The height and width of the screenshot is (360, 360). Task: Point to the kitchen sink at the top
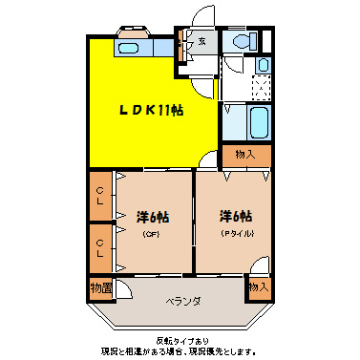(132, 45)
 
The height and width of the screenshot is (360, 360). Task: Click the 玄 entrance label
(202, 40)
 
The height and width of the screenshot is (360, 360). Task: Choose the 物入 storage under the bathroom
(245, 155)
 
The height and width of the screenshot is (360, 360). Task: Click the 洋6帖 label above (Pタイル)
(235, 216)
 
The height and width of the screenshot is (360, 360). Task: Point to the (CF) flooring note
(150, 234)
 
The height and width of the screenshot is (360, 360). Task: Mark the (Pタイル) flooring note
(235, 234)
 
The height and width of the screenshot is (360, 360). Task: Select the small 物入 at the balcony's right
(257, 286)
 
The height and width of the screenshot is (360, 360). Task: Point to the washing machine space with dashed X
(261, 88)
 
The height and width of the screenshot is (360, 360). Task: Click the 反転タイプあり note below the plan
(180, 341)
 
